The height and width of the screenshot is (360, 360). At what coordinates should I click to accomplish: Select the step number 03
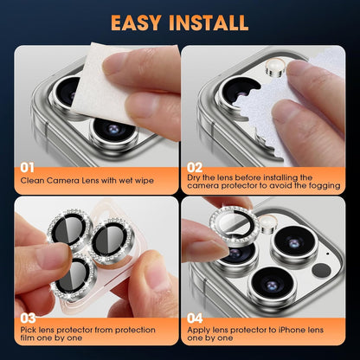[29, 318]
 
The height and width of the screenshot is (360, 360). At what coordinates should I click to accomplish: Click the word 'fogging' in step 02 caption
[327, 184]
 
